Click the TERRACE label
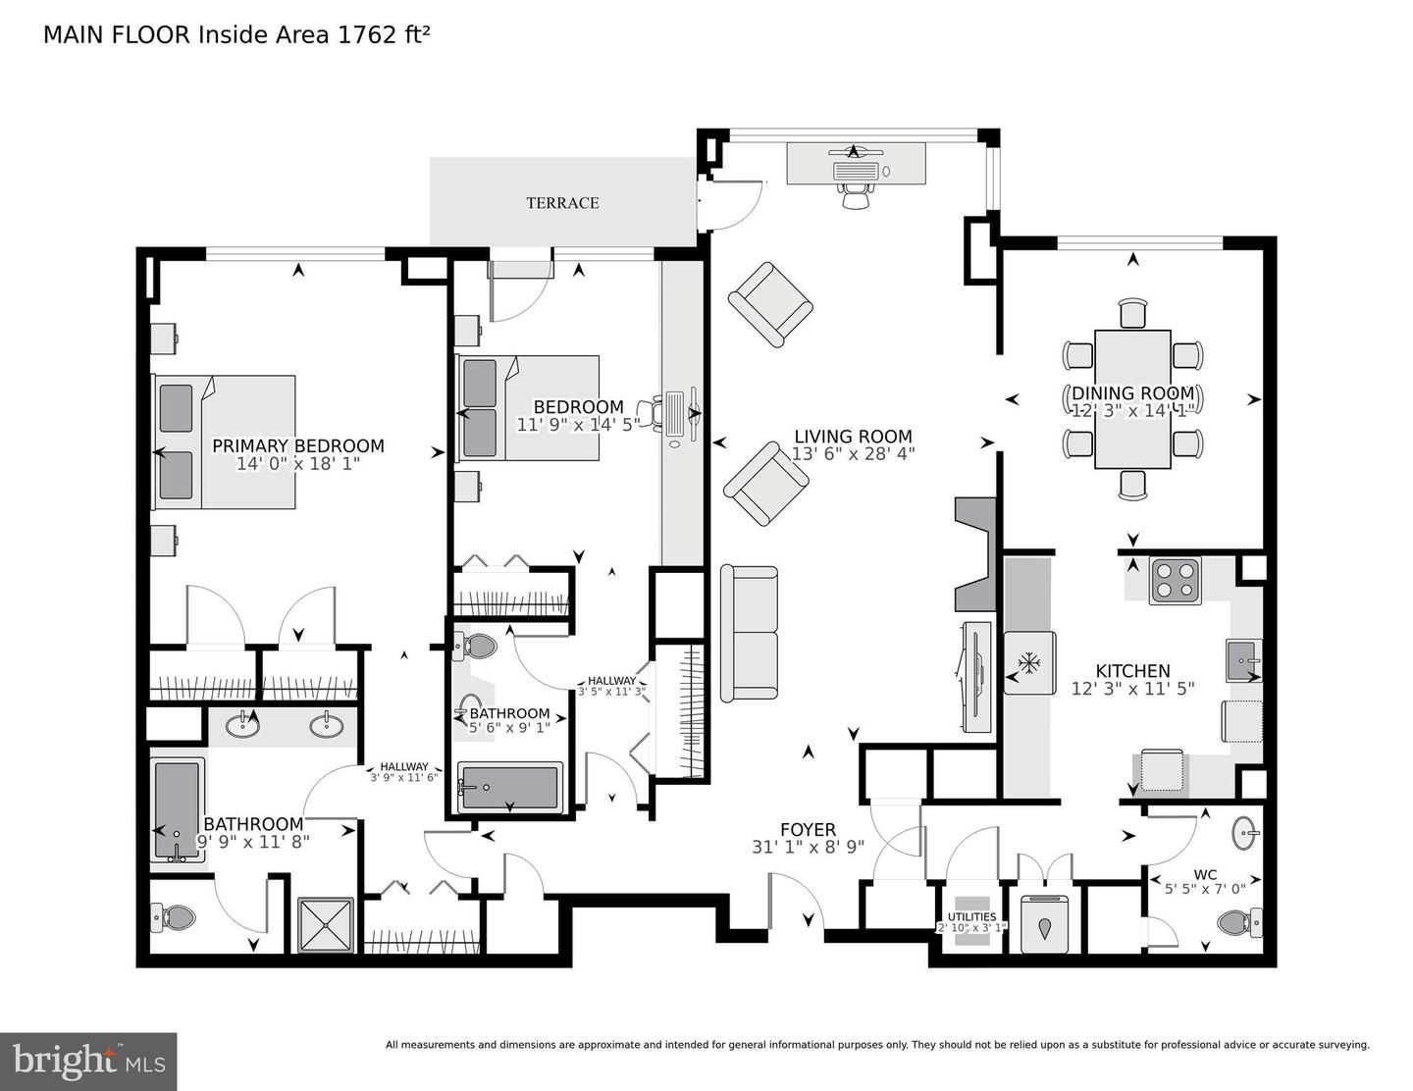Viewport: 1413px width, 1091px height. (562, 203)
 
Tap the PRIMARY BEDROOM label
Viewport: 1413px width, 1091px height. (298, 446)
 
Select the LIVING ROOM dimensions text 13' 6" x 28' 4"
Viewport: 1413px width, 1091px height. (853, 454)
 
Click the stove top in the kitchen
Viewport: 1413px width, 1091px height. (1175, 579)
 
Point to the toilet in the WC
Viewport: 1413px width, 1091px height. (1238, 922)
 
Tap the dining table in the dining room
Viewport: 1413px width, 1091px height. (1132, 399)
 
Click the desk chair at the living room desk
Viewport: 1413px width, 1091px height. (856, 195)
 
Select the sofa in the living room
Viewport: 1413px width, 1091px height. (750, 633)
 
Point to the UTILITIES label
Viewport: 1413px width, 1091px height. (971, 917)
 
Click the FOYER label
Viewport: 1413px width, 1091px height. (808, 830)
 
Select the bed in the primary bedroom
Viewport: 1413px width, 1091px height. (224, 442)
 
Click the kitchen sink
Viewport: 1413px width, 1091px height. (1242, 660)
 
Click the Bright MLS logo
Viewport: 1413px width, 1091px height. (88, 1061)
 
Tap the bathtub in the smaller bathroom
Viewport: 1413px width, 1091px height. (509, 787)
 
